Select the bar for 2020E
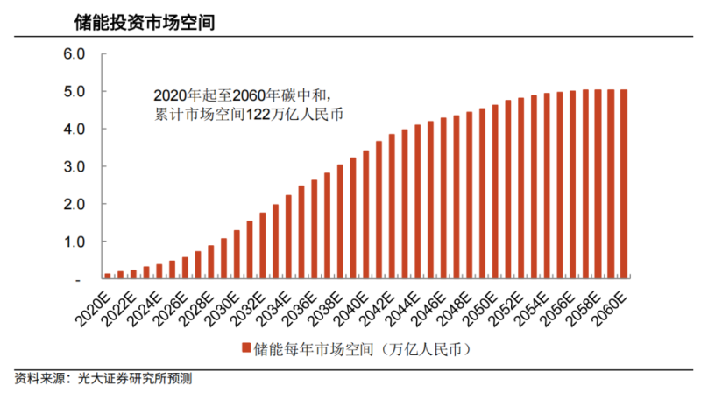[x=108, y=276]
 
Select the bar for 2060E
[x=624, y=184]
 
